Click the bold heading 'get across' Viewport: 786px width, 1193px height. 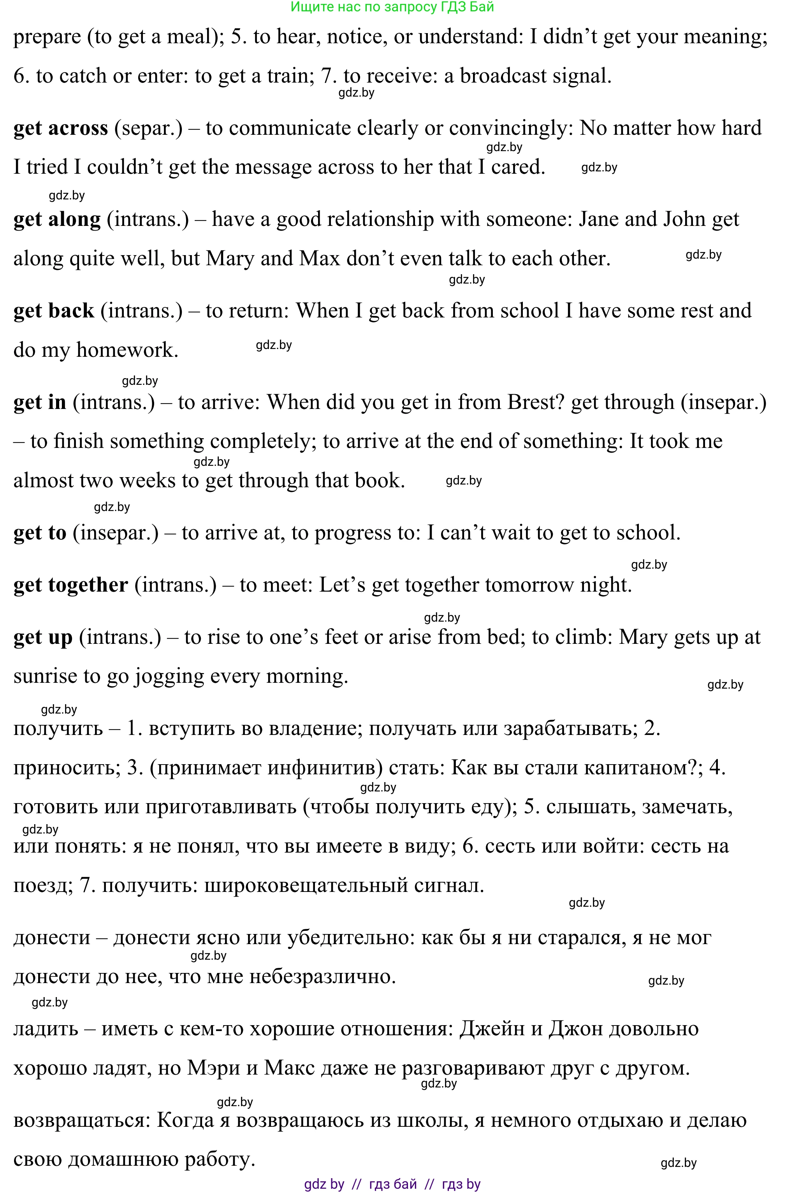pyautogui.click(x=60, y=129)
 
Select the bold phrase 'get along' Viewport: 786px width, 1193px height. pyautogui.click(x=57, y=220)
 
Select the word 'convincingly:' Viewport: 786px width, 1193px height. pyautogui.click(x=511, y=129)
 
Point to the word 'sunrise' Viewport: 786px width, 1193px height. pyautogui.click(x=45, y=677)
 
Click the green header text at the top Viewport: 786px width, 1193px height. pyautogui.click(x=392, y=7)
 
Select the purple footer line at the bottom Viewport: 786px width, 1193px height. pyautogui.click(x=392, y=1184)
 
